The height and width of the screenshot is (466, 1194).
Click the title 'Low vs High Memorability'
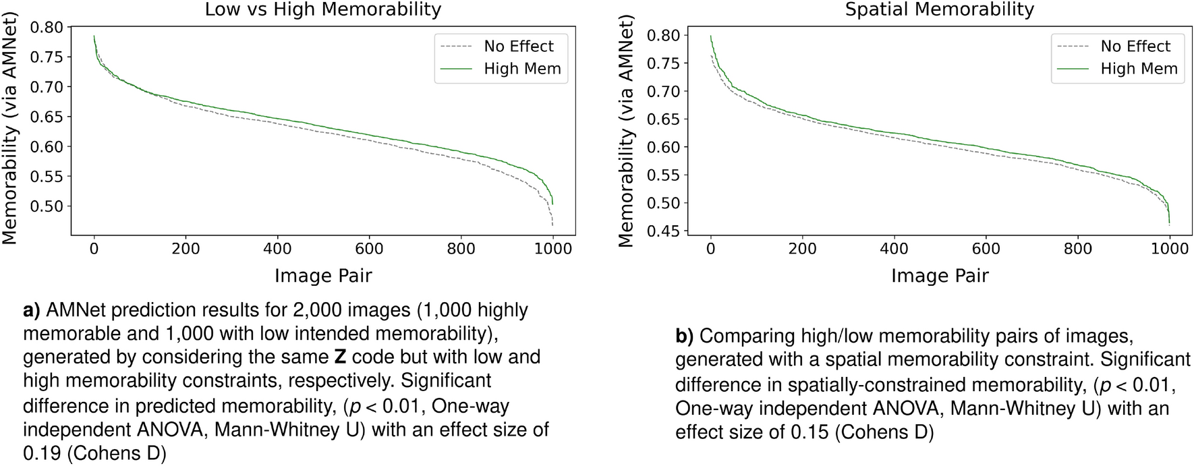tap(322, 10)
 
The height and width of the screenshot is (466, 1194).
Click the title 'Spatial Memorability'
tap(939, 10)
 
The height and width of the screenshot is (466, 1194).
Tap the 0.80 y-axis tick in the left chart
tap(46, 28)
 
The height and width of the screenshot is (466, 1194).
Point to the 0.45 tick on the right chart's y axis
tap(662, 231)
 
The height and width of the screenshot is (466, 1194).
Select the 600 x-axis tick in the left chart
tap(369, 249)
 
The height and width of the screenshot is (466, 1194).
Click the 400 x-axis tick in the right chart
tap(894, 249)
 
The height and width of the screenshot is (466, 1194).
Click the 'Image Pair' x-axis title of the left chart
tap(322, 276)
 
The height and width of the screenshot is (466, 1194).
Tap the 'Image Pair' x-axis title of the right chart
tap(939, 276)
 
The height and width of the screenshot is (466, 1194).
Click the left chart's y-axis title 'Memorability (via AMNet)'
tap(9, 135)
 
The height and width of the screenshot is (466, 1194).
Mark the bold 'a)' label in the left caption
tap(32, 310)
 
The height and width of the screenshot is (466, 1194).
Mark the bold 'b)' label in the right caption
tap(684, 336)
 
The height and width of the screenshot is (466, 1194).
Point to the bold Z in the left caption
tap(340, 357)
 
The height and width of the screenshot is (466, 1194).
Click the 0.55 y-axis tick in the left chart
tap(46, 177)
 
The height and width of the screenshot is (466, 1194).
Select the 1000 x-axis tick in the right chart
tap(1169, 249)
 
